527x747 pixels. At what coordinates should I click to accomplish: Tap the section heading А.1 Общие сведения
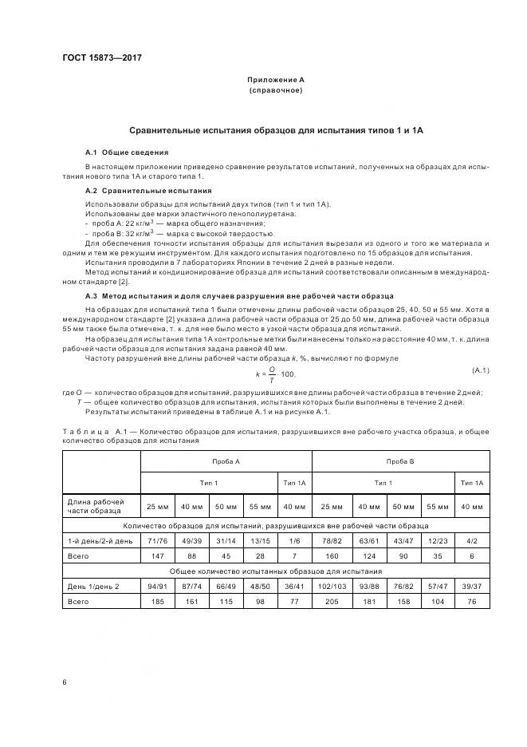click(127, 152)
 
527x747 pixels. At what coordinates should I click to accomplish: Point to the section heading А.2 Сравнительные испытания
click(148, 191)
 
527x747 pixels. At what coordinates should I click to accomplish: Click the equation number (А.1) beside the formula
click(480, 370)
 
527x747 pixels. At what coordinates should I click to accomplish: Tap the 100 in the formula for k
click(288, 373)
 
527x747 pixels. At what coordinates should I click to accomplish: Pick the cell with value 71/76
click(158, 541)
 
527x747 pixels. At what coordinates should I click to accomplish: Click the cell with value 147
click(158, 555)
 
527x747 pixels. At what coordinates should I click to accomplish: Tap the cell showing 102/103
click(332, 586)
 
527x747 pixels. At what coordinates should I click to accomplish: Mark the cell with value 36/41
click(294, 586)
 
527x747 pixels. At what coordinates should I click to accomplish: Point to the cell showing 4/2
click(472, 541)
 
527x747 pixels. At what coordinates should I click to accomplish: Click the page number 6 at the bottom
click(64, 682)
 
